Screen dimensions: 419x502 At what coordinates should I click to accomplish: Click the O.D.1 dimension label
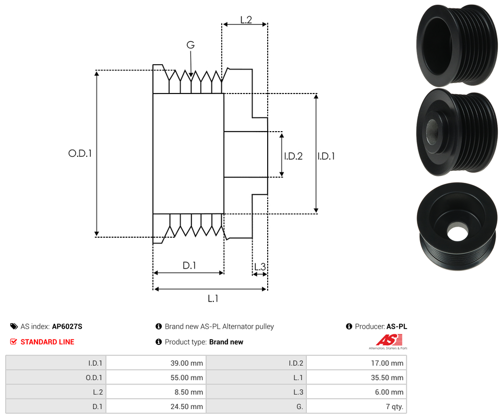click(x=80, y=154)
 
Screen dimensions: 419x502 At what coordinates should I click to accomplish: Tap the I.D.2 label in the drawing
click(x=293, y=156)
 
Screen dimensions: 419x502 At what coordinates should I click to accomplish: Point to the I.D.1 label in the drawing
click(x=326, y=156)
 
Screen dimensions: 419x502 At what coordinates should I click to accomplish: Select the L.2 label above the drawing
click(x=246, y=20)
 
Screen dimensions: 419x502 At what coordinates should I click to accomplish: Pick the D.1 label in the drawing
click(x=189, y=265)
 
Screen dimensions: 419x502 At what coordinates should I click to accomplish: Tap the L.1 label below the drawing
click(x=212, y=298)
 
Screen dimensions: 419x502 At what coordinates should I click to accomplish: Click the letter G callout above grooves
click(x=190, y=45)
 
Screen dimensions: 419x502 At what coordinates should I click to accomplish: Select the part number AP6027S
click(x=67, y=327)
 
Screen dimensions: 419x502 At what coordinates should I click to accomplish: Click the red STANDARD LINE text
click(x=47, y=342)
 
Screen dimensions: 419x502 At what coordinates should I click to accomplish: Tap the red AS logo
click(x=388, y=340)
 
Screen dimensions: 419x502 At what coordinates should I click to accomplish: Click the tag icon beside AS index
click(x=14, y=327)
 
